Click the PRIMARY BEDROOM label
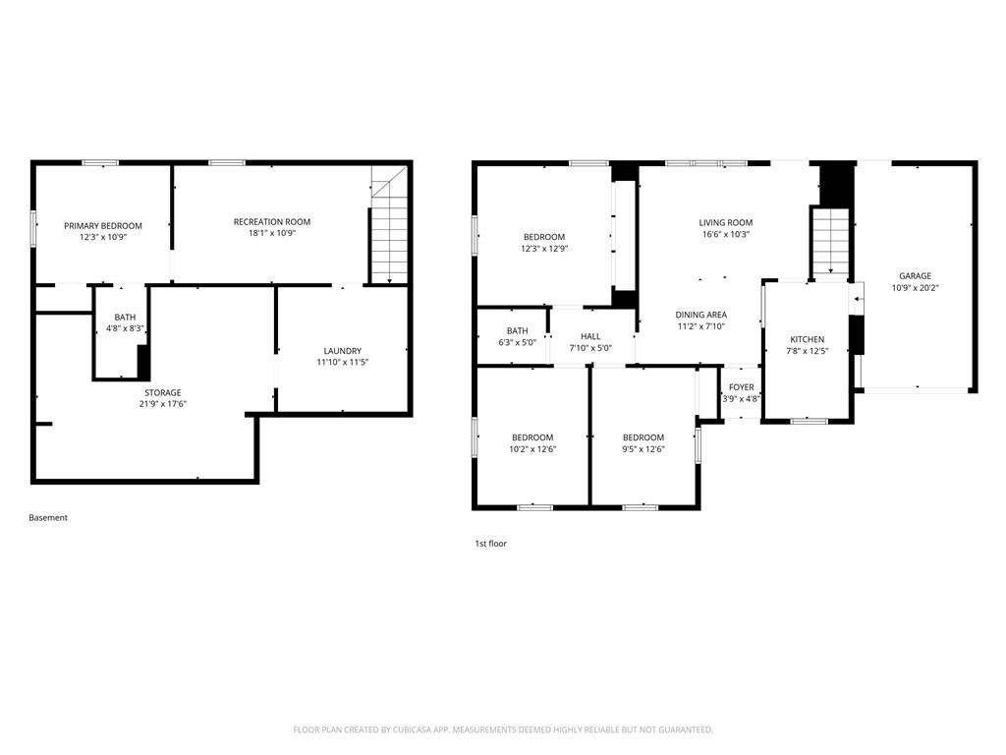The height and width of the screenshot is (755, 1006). click(102, 226)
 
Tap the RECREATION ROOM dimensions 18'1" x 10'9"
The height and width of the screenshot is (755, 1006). click(272, 233)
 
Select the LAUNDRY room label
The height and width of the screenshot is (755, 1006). click(343, 351)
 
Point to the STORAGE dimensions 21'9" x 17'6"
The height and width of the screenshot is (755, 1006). click(163, 404)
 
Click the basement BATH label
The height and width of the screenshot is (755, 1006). click(125, 318)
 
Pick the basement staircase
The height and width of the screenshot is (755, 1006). click(389, 225)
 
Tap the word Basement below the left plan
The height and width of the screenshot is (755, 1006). click(48, 517)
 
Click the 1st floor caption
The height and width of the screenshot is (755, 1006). click(491, 544)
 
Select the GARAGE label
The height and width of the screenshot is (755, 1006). click(915, 276)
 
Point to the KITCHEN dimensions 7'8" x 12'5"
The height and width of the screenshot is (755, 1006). click(808, 351)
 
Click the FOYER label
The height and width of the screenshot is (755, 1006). click(742, 387)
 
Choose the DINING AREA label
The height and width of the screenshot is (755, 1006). click(701, 315)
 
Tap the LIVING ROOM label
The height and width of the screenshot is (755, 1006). click(726, 223)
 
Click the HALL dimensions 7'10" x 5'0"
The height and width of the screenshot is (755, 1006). click(590, 348)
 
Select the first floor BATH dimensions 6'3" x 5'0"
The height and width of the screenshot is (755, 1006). click(517, 343)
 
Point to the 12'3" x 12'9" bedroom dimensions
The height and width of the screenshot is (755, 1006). click(544, 249)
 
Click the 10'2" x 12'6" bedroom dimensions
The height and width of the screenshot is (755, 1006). click(532, 449)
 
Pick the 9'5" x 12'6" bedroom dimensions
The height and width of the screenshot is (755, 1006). click(643, 449)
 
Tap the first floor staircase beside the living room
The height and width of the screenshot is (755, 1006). click(831, 242)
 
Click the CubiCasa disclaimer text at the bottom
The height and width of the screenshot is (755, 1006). click(503, 730)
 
